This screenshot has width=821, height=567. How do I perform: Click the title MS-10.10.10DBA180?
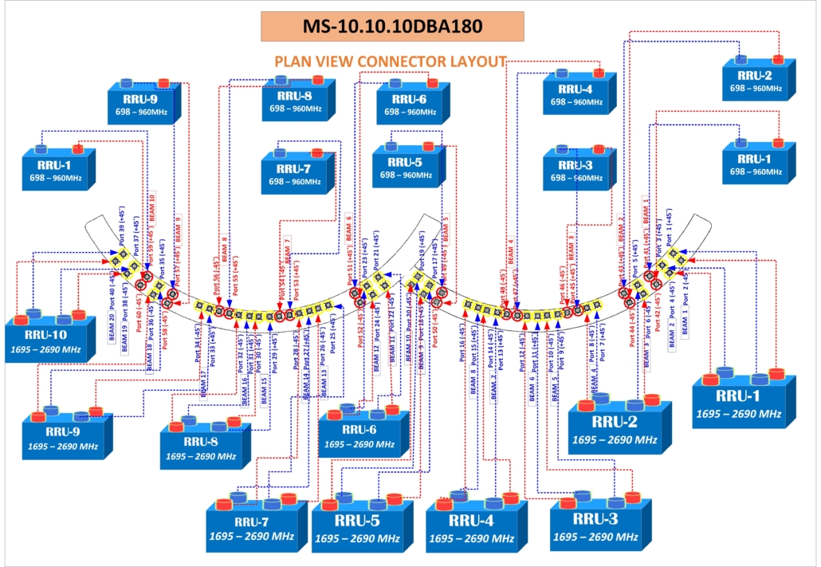point(392,26)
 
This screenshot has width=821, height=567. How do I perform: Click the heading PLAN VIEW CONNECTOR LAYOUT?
point(391,61)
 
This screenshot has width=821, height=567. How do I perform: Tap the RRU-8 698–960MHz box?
point(296,102)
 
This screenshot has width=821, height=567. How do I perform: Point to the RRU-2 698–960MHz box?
point(756,81)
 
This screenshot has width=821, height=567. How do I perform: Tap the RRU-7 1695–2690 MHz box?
point(253,527)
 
